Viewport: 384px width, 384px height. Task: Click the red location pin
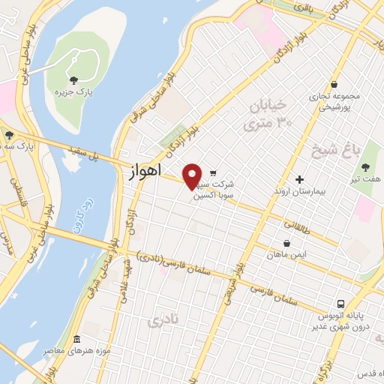pyautogui.click(x=193, y=175)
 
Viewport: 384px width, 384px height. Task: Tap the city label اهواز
pyautogui.click(x=140, y=171)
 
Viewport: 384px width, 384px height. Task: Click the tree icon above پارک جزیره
pyautogui.click(x=73, y=79)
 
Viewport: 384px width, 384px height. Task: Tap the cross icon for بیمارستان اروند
pyautogui.click(x=299, y=179)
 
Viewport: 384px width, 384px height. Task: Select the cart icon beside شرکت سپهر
pyautogui.click(x=213, y=172)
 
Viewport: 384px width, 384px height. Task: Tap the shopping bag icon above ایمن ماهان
pyautogui.click(x=288, y=243)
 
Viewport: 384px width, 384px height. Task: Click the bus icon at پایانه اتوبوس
pyautogui.click(x=341, y=304)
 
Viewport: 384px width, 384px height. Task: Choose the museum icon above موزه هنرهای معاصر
pyautogui.click(x=77, y=339)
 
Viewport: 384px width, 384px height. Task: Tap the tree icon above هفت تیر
pyautogui.click(x=365, y=167)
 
